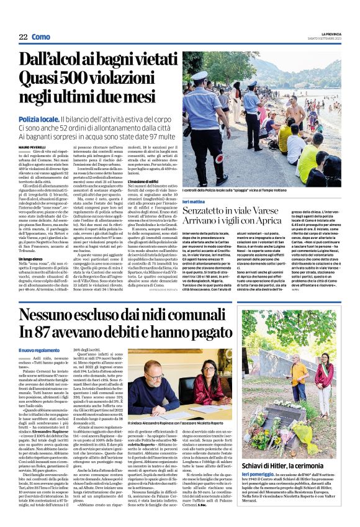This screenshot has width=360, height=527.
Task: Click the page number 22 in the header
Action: [23, 37]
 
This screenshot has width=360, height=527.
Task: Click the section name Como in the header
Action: [40, 37]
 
